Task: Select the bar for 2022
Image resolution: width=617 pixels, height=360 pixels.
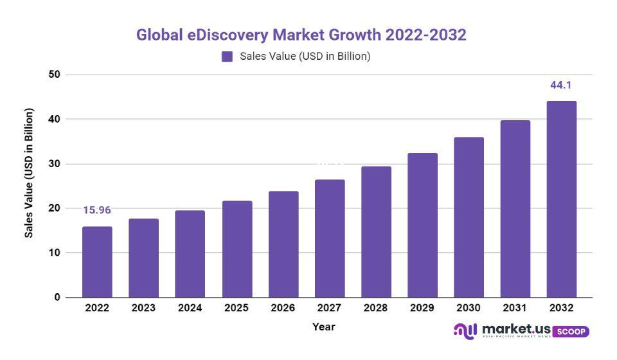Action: click(97, 262)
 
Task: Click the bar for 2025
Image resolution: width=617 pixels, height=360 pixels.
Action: click(237, 249)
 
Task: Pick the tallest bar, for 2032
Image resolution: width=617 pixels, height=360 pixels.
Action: click(562, 199)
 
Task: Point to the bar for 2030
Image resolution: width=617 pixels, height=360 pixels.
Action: click(469, 217)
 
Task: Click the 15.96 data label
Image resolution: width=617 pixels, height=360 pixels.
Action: click(97, 210)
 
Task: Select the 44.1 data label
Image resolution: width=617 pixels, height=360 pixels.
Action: click(561, 85)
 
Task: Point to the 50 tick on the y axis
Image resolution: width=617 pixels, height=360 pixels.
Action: click(54, 75)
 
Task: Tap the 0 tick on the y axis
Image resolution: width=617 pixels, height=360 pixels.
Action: click(57, 298)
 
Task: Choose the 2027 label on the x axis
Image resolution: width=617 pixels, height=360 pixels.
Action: click(329, 308)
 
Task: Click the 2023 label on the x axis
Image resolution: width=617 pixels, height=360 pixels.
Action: click(143, 308)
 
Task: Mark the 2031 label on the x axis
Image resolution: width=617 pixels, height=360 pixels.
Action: click(515, 308)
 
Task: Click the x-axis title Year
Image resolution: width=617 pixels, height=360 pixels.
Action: click(324, 327)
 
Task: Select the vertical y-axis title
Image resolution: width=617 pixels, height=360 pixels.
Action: click(29, 174)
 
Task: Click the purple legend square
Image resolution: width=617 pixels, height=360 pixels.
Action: click(227, 57)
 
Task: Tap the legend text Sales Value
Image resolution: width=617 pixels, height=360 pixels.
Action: click(305, 57)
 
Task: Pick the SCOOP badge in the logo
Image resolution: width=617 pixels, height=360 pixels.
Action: click(570, 331)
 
